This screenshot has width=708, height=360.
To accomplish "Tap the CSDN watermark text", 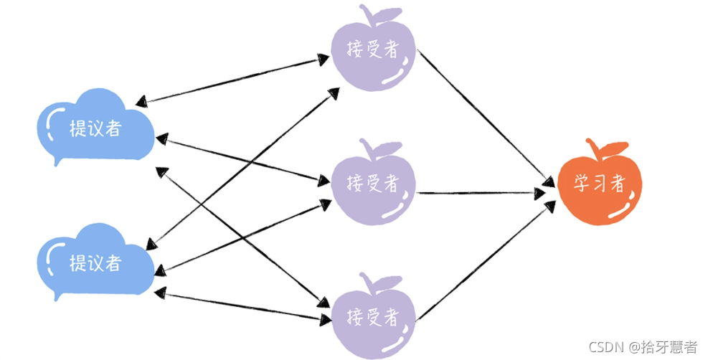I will click(x=643, y=347).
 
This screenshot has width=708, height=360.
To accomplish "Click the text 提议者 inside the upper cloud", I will click(x=94, y=129).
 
